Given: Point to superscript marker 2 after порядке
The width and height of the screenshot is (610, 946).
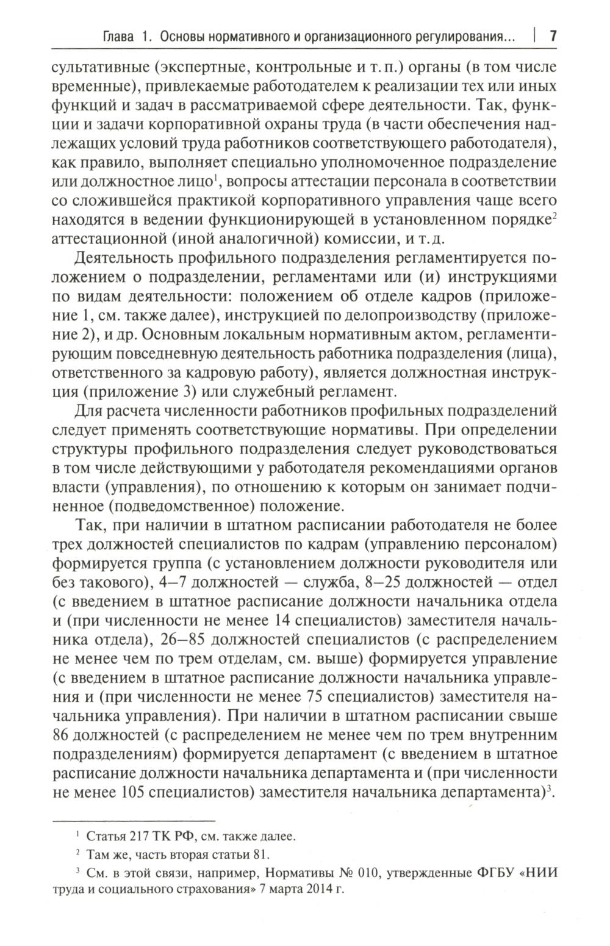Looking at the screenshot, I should point(554,214).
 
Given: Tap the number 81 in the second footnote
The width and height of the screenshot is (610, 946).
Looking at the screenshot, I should point(259,854).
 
